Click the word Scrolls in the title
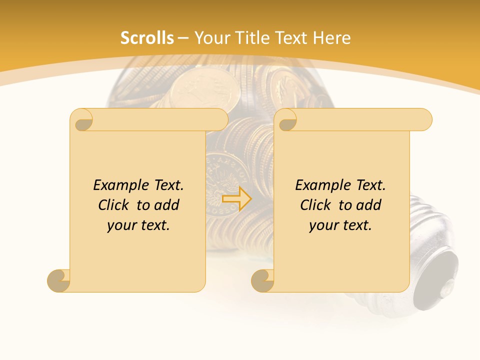(147, 38)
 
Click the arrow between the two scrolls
(236, 198)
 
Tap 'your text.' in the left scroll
(138, 225)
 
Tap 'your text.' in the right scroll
(340, 225)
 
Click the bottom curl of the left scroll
(59, 280)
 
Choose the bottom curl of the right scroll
(263, 280)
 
